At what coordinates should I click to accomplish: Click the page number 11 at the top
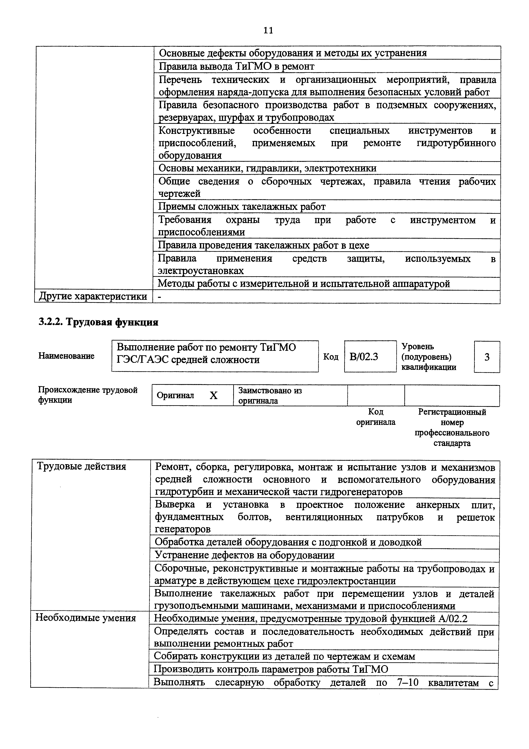(x=268, y=30)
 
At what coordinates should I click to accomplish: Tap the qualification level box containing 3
(x=487, y=357)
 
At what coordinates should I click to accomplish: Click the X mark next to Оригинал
(x=213, y=395)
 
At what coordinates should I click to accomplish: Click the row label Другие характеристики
(x=93, y=297)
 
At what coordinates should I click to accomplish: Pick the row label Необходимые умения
(x=85, y=618)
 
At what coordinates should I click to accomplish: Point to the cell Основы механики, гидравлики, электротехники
(x=267, y=168)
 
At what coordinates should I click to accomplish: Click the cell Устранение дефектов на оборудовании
(x=245, y=555)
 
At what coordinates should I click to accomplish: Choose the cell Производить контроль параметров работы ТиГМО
(x=271, y=669)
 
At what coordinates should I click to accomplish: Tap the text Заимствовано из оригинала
(x=270, y=395)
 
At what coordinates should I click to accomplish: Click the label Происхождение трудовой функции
(x=88, y=395)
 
